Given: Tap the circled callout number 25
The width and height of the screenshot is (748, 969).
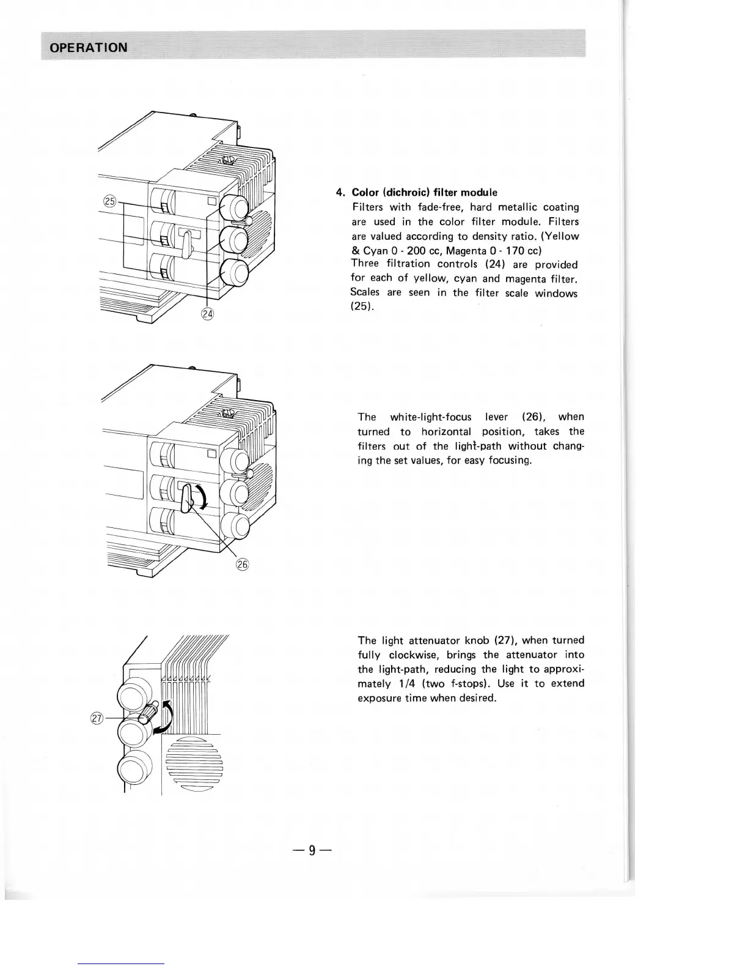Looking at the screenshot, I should pos(110,201).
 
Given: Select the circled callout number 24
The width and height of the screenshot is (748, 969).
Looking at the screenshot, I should pos(208,314).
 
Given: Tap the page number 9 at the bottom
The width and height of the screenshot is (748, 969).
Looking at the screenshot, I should pos(312,850).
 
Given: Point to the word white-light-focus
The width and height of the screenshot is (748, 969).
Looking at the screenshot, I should pos(430,417).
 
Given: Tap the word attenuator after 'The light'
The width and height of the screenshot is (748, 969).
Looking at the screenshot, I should pos(435,640).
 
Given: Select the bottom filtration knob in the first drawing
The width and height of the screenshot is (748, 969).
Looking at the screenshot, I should pos(233,273).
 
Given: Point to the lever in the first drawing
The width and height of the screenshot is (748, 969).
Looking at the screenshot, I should pos(186,242).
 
